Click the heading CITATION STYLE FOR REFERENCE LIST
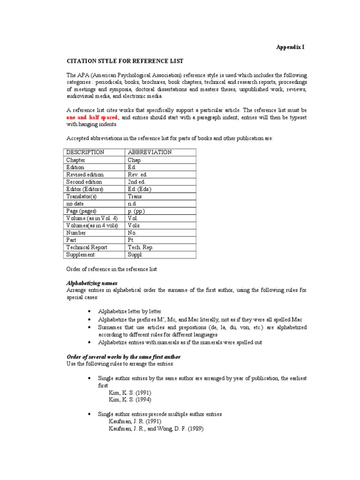point(124,61)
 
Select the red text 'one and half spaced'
point(92,117)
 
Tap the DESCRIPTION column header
point(85,152)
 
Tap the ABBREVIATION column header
point(150,152)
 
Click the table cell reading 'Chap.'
point(135,160)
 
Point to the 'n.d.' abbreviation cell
point(133,204)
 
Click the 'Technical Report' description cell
point(87,247)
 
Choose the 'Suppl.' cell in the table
point(136,255)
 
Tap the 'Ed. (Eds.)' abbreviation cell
point(139,189)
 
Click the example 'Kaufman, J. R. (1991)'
point(135,421)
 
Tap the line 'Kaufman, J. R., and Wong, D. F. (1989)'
point(157,429)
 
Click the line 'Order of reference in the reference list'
point(111,270)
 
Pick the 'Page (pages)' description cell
point(81,211)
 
